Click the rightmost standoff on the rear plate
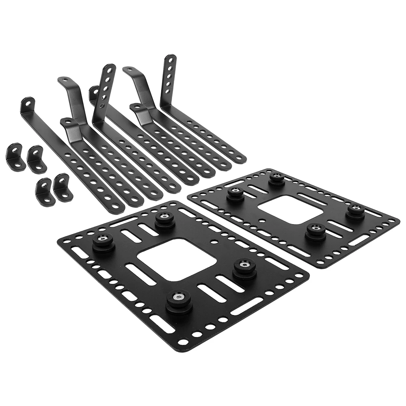(356, 210)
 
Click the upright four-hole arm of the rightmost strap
(170, 77)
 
